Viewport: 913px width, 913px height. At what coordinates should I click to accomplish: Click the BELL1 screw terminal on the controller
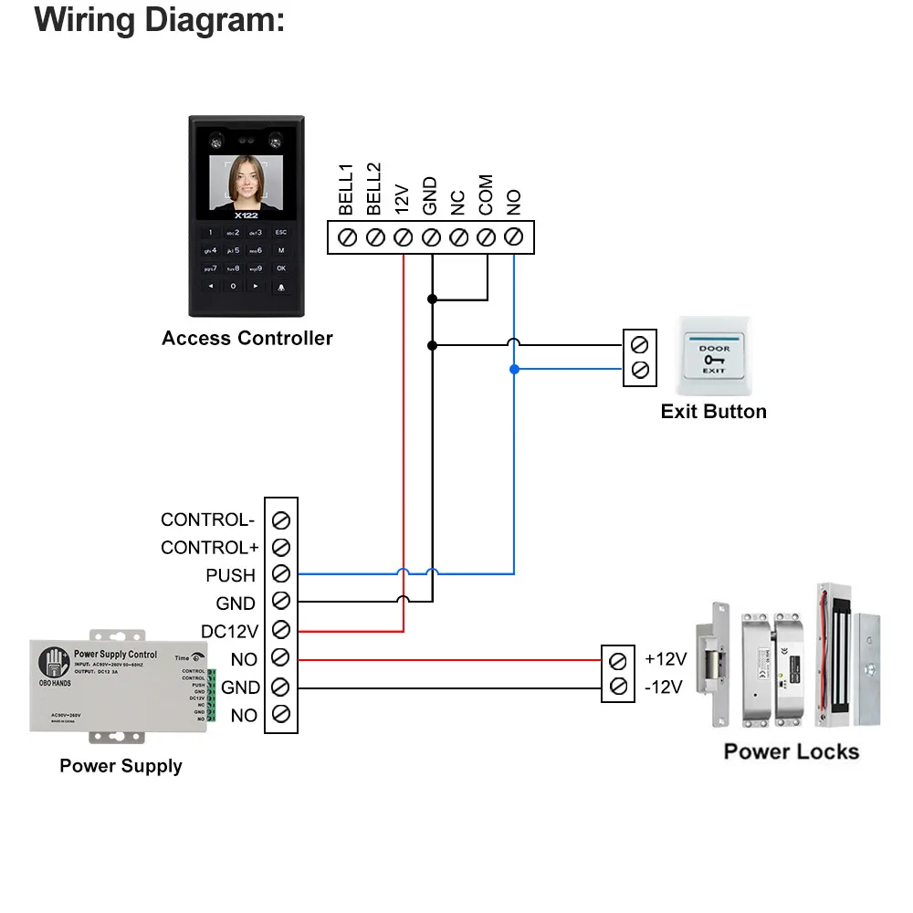click(x=347, y=237)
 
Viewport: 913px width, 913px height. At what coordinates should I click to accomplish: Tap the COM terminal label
click(x=486, y=195)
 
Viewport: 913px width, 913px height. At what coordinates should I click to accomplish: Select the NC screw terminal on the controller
click(x=458, y=237)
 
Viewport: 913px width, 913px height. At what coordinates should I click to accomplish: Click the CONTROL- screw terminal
click(x=281, y=519)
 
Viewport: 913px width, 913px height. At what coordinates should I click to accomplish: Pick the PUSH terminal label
click(x=230, y=575)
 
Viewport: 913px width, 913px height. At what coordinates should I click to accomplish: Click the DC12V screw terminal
click(x=281, y=630)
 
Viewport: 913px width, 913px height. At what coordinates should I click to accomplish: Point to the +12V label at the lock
click(x=666, y=659)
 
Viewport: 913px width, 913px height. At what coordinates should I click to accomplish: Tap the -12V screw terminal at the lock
click(x=618, y=687)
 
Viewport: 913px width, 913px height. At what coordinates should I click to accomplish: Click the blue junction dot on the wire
click(x=514, y=369)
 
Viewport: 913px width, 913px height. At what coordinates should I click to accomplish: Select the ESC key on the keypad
click(x=281, y=232)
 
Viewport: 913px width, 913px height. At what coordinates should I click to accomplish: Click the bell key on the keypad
click(x=281, y=287)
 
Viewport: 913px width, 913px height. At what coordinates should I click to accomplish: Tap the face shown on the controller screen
click(x=245, y=178)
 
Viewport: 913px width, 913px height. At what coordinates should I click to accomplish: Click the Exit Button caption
click(x=713, y=412)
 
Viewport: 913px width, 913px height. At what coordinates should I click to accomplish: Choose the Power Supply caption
click(x=121, y=766)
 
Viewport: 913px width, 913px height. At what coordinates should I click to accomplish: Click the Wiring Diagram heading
click(x=160, y=20)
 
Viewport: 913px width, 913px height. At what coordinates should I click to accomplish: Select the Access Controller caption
click(x=247, y=339)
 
